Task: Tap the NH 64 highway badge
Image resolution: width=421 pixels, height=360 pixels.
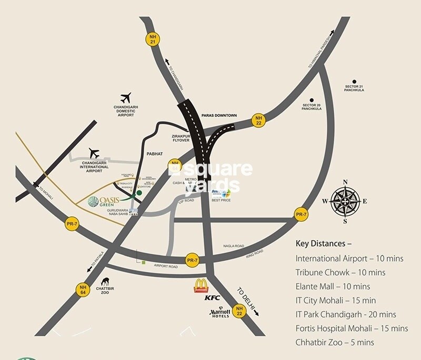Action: (83, 289)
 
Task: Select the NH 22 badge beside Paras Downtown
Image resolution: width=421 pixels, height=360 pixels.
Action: (258, 119)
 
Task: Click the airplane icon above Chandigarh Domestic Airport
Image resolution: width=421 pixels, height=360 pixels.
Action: (125, 98)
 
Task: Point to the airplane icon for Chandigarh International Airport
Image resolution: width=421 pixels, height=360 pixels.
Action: (94, 153)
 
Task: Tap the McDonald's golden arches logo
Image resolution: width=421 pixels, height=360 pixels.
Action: (202, 286)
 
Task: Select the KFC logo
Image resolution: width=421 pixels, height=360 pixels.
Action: (212, 298)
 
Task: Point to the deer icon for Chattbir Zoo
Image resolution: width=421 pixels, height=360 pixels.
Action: (104, 283)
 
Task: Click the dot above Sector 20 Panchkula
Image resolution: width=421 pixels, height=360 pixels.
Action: (312, 99)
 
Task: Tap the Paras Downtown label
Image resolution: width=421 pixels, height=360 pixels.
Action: (219, 115)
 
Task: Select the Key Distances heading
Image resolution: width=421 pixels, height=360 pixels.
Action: (324, 244)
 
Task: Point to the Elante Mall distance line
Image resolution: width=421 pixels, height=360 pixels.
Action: (333, 287)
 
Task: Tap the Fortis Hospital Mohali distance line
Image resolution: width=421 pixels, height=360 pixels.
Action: (352, 328)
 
